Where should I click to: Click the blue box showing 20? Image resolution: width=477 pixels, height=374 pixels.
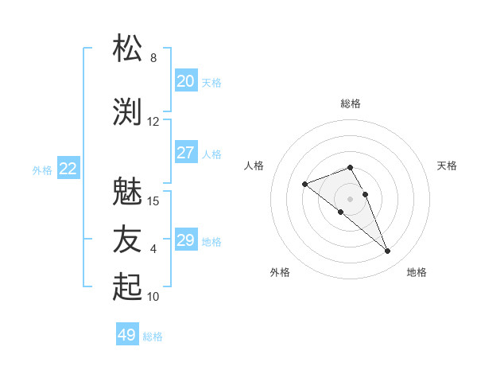point(186,81)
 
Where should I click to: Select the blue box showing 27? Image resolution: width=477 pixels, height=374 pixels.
point(186,153)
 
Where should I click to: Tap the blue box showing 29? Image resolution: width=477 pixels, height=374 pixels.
point(186,240)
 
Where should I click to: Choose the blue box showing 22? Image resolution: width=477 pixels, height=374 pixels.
point(68,169)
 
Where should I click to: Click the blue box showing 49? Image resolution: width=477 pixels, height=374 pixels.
point(127,335)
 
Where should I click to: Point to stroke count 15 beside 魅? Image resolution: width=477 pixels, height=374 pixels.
point(153,201)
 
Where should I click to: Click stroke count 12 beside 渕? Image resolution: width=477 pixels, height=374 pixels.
point(153,121)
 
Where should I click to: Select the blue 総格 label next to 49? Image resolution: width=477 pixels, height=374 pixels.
point(153,337)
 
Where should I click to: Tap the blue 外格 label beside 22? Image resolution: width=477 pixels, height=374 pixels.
point(42,169)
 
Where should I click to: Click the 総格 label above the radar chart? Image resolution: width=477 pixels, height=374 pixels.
point(351,103)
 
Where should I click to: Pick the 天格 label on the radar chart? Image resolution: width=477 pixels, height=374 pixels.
point(448,166)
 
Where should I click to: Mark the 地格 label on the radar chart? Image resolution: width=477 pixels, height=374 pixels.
point(417,272)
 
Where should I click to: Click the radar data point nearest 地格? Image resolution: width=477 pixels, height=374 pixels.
point(387,251)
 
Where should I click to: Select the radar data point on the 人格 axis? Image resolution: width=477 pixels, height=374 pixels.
point(305,185)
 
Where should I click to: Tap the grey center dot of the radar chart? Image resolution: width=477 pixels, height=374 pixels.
point(350,199)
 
